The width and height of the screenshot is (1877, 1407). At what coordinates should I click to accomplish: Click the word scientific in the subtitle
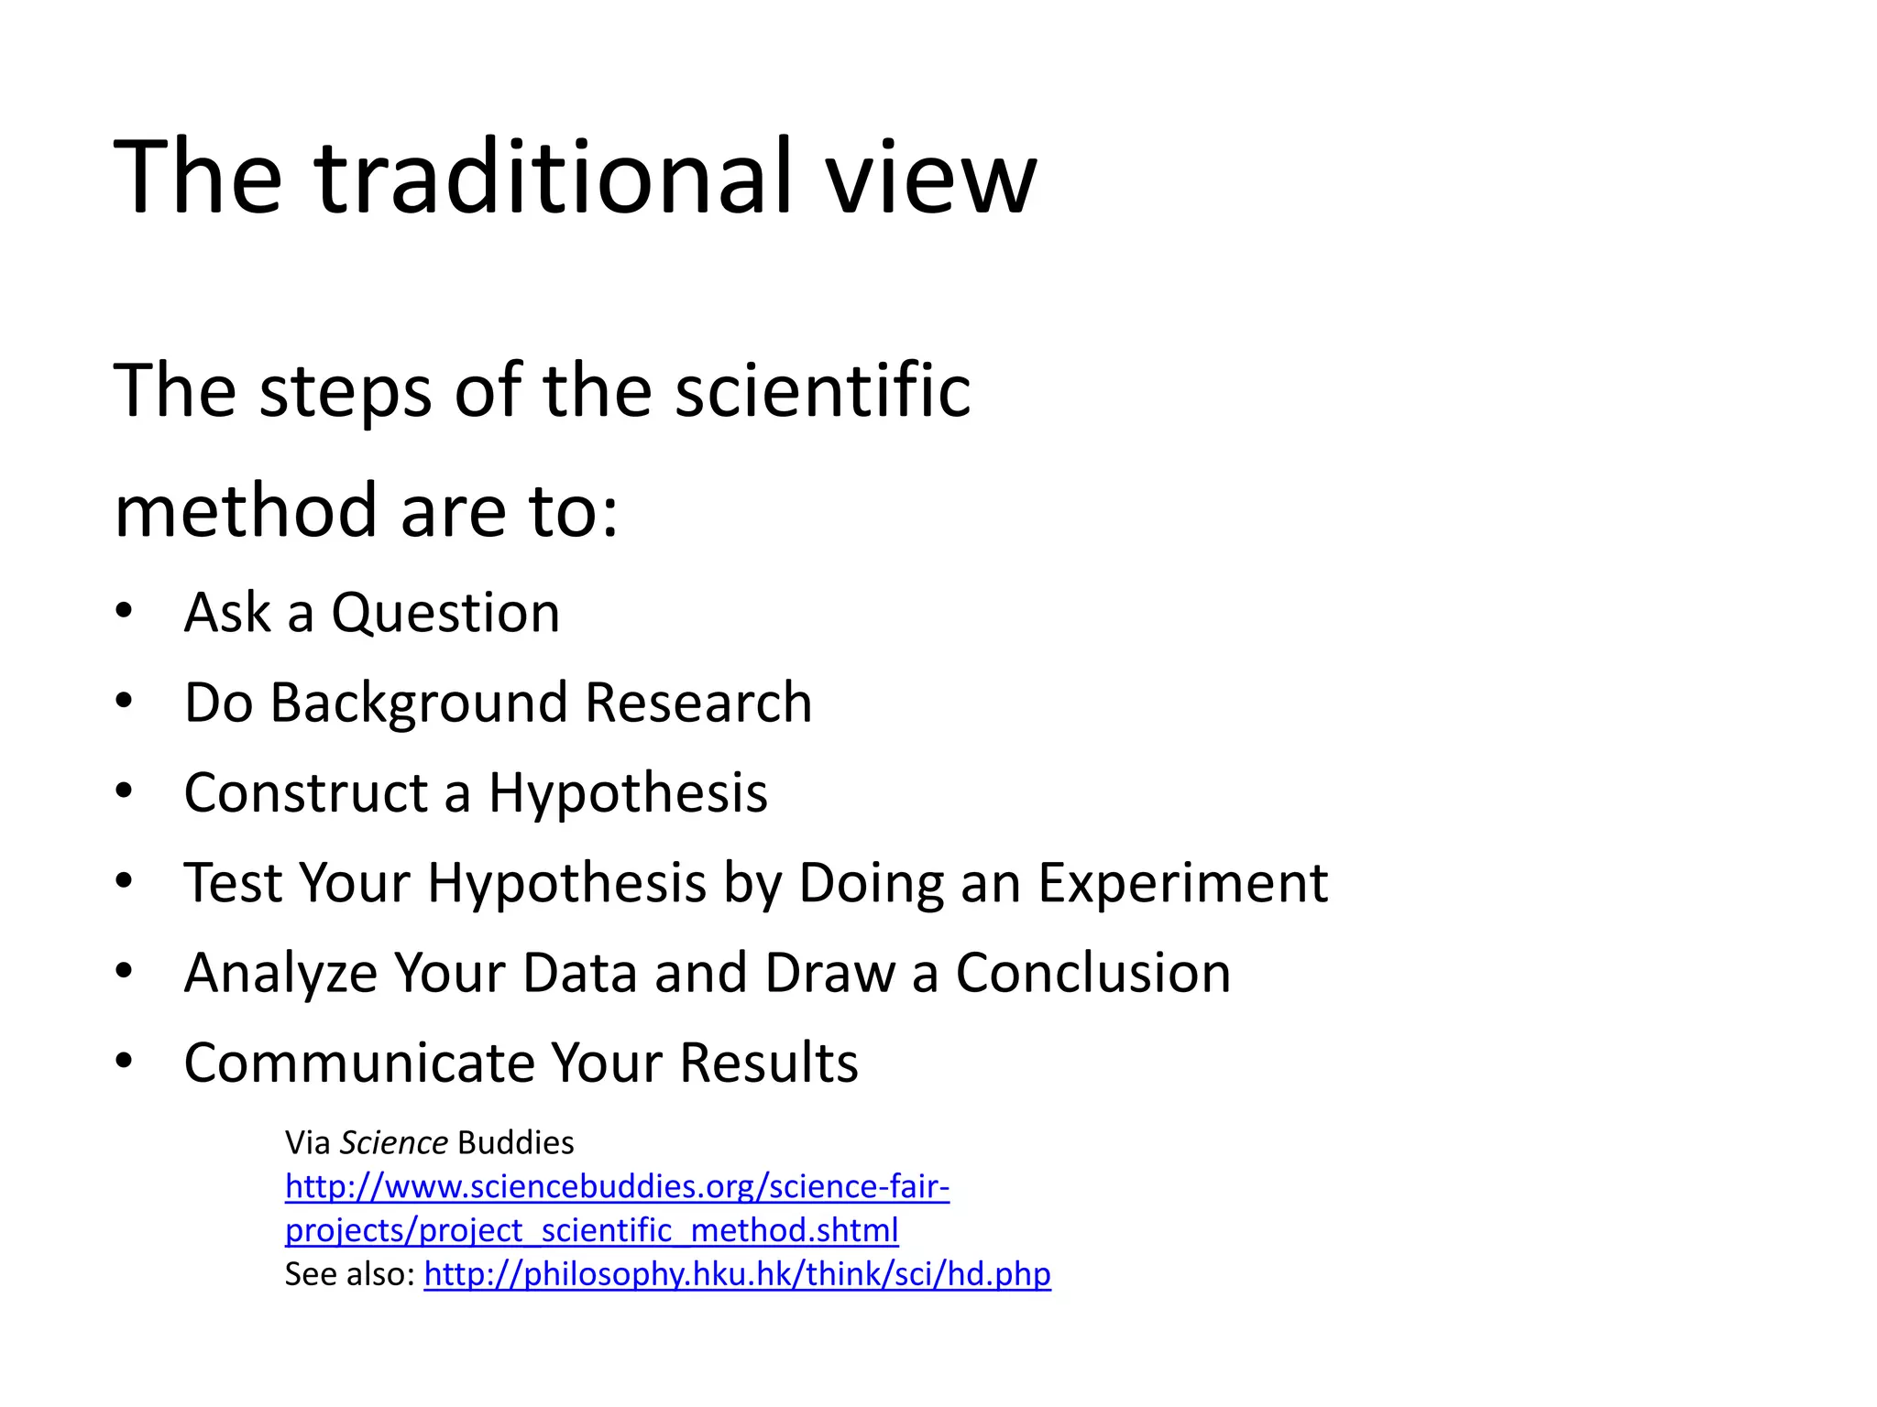pyautogui.click(x=822, y=391)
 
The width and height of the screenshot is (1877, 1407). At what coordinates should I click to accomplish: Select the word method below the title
pyautogui.click(x=246, y=510)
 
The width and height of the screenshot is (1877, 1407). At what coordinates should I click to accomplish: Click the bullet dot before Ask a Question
pyautogui.click(x=125, y=611)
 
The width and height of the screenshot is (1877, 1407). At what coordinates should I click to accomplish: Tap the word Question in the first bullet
pyautogui.click(x=445, y=613)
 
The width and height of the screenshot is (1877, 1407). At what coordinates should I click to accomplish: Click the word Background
pyautogui.click(x=419, y=703)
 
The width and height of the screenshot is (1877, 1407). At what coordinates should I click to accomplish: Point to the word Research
pyautogui.click(x=698, y=703)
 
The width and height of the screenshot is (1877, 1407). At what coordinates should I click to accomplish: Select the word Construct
pyautogui.click(x=306, y=792)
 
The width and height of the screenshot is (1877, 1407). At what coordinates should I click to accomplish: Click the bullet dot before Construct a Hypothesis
pyautogui.click(x=125, y=791)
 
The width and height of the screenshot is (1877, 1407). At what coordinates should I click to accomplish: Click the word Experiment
pyautogui.click(x=1182, y=883)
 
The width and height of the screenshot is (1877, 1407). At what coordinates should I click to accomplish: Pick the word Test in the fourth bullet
pyautogui.click(x=233, y=883)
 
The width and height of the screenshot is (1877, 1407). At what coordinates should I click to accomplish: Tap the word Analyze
pyautogui.click(x=280, y=973)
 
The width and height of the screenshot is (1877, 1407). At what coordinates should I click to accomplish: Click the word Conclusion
pyautogui.click(x=1092, y=973)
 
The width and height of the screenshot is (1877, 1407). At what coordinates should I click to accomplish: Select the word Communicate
pyautogui.click(x=358, y=1063)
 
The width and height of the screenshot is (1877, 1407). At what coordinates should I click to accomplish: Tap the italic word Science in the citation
pyautogui.click(x=393, y=1143)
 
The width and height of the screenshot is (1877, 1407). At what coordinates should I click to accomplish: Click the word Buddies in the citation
pyautogui.click(x=515, y=1143)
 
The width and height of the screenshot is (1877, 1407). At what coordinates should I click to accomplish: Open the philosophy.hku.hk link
pyautogui.click(x=737, y=1274)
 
